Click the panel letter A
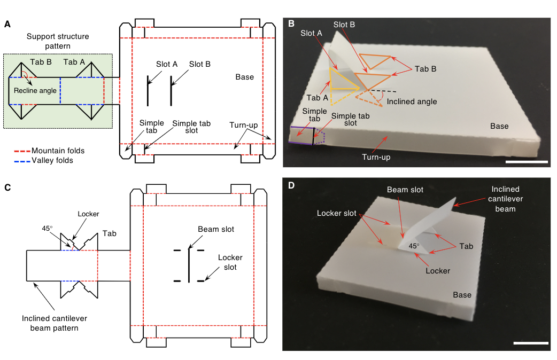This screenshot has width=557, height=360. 7,24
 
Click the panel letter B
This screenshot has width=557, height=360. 291,24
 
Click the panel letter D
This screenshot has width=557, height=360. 291,186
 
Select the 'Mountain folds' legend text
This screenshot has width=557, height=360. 58,151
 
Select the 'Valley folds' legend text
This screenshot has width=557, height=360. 52,160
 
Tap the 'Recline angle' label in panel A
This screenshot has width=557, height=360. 35,91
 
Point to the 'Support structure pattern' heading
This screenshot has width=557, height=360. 58,42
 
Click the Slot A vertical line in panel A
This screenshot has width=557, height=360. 148,91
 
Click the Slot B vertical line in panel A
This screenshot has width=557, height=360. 171,91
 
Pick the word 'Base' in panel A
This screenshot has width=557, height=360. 245,77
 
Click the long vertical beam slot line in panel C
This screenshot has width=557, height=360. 188,264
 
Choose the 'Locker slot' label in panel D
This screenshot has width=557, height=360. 337,213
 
